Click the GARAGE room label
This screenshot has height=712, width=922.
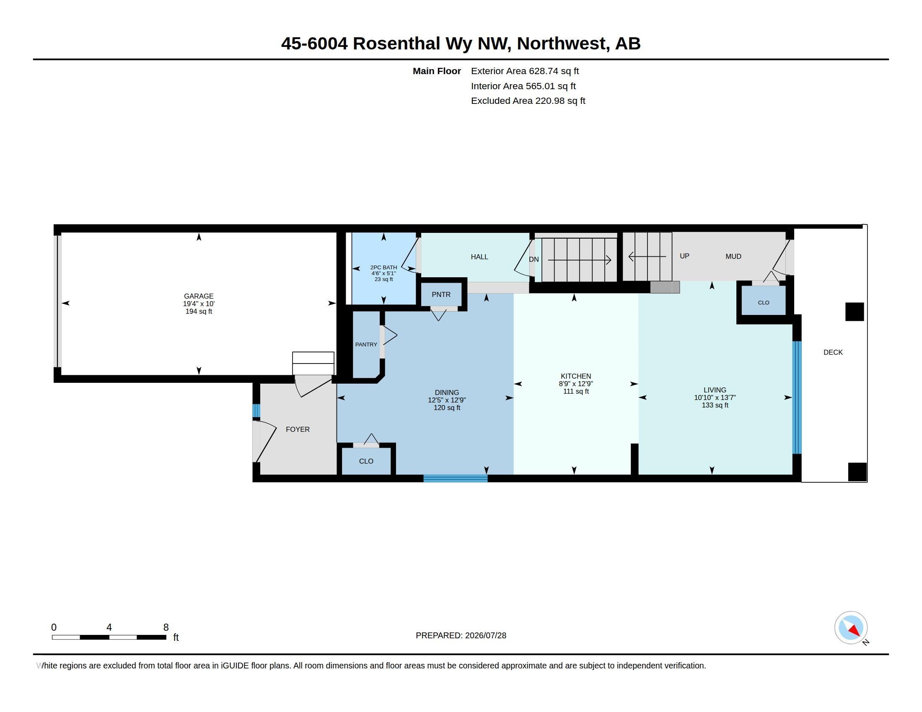(x=198, y=296)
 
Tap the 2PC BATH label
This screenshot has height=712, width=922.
(x=383, y=268)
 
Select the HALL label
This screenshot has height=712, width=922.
(x=479, y=257)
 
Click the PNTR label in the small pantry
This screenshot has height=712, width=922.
(x=441, y=294)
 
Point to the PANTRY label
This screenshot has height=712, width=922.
(x=366, y=345)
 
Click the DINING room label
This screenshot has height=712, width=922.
(x=447, y=392)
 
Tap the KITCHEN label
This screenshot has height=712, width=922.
(x=576, y=376)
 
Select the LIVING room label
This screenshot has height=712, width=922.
(x=715, y=390)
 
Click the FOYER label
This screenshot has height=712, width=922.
(x=298, y=429)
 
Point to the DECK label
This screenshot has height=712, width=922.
(x=833, y=352)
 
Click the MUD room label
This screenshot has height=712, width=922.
(x=733, y=256)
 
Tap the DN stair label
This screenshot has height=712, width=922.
(x=534, y=259)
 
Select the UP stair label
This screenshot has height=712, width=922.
(x=684, y=256)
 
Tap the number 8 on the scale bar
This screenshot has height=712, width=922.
(x=166, y=627)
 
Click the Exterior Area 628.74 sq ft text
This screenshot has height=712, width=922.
(x=525, y=71)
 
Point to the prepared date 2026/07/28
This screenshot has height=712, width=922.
(x=485, y=635)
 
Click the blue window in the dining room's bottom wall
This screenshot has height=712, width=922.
(x=456, y=478)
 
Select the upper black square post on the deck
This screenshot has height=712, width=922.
(x=855, y=312)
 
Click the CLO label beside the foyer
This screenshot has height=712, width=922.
(x=366, y=461)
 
